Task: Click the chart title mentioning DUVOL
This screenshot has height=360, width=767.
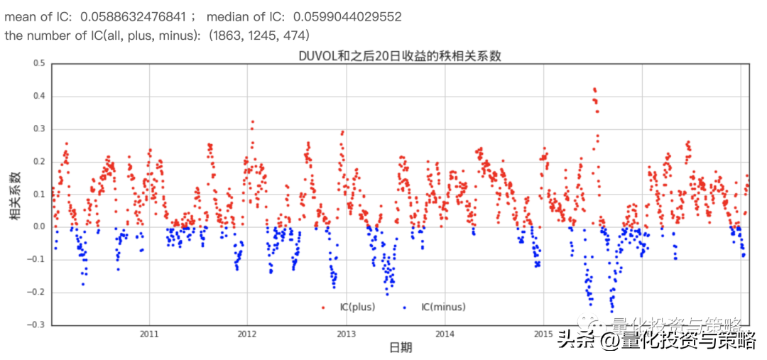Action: [400, 56]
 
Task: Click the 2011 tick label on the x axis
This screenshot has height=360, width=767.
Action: [149, 334]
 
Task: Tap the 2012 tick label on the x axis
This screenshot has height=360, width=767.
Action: [247, 334]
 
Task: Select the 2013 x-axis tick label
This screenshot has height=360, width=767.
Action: [346, 334]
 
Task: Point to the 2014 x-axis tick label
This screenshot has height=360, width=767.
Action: [445, 334]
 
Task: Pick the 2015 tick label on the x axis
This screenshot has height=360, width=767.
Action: [543, 334]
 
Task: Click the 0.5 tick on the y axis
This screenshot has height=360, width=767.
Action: [38, 63]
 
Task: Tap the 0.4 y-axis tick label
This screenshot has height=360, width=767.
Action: [38, 96]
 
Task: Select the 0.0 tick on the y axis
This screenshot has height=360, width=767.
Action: [38, 227]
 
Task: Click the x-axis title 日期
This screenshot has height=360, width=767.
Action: [401, 347]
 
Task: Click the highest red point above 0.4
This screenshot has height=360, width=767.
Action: [594, 89]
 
